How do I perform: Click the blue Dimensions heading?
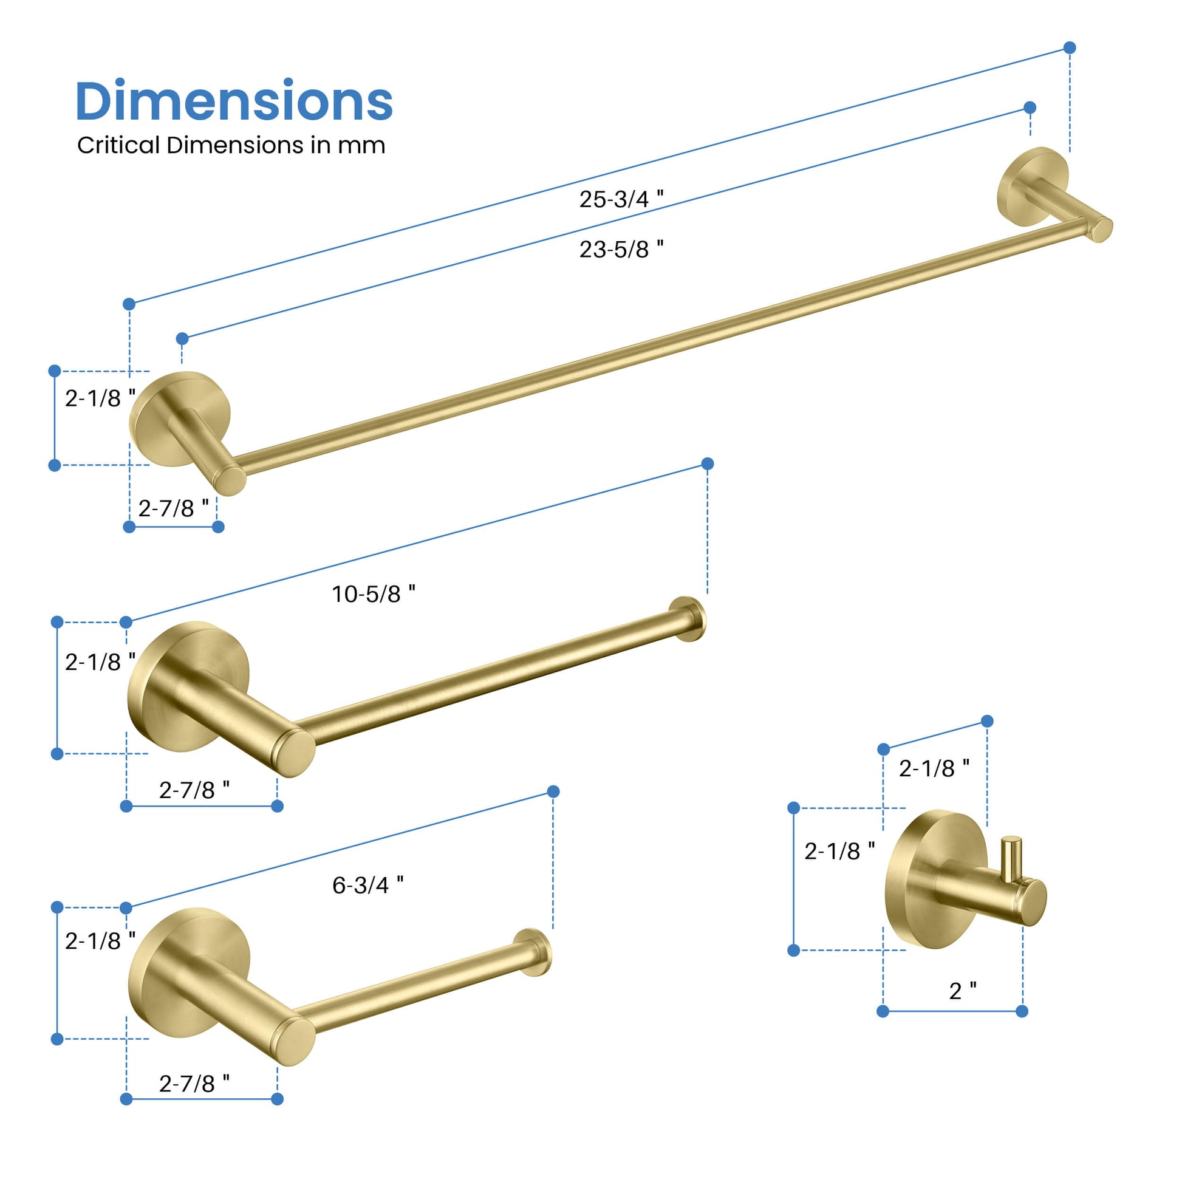(x=234, y=101)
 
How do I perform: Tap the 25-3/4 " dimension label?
(x=621, y=199)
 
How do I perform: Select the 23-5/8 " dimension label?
(x=621, y=249)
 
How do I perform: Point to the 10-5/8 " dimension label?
(x=373, y=593)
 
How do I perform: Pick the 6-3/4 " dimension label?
(x=367, y=884)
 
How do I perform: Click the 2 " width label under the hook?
(x=962, y=991)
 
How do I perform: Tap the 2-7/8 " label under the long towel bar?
(x=173, y=508)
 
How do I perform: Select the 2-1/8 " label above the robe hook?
(x=934, y=768)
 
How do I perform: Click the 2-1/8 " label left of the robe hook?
(x=839, y=850)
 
